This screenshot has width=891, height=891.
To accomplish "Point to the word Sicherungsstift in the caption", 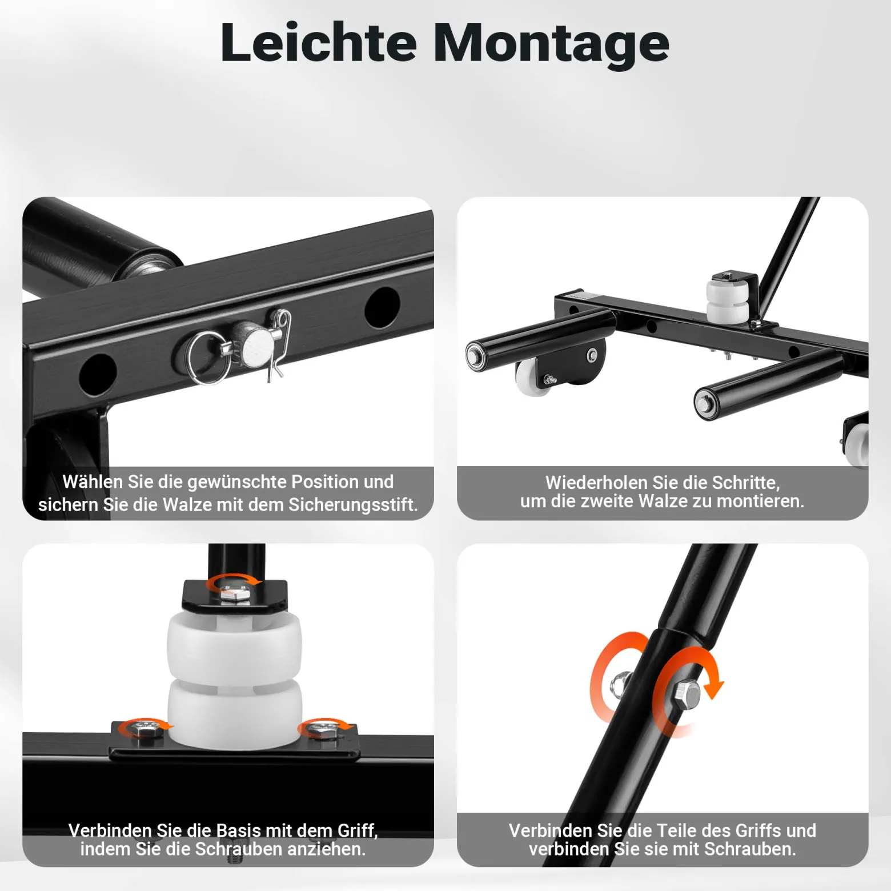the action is point(352,505).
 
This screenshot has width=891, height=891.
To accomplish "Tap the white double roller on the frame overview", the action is point(728,300).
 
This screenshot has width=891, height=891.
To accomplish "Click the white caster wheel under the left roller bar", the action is point(533,377).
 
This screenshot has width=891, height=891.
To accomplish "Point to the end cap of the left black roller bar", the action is point(474,355).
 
